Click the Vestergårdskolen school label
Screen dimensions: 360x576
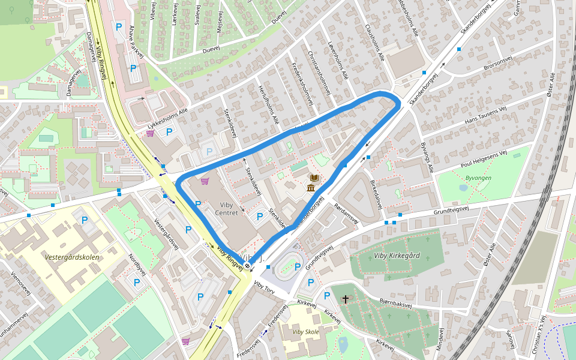pyautogui.click(x=71, y=257)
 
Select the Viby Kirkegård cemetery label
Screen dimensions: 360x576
pyautogui.click(x=397, y=256)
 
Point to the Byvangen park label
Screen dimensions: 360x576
pyautogui.click(x=478, y=178)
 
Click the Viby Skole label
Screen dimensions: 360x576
pyautogui.click(x=306, y=332)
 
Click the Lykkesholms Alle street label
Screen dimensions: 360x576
pyautogui.click(x=167, y=117)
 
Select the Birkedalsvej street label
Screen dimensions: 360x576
pyautogui.click(x=378, y=193)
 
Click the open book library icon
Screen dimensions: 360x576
pyautogui.click(x=314, y=178)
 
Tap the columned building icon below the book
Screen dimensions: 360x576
pyautogui.click(x=311, y=188)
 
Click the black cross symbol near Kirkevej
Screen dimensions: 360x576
pyautogui.click(x=346, y=298)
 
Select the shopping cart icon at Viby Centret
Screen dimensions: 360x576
pyautogui.click(x=205, y=181)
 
